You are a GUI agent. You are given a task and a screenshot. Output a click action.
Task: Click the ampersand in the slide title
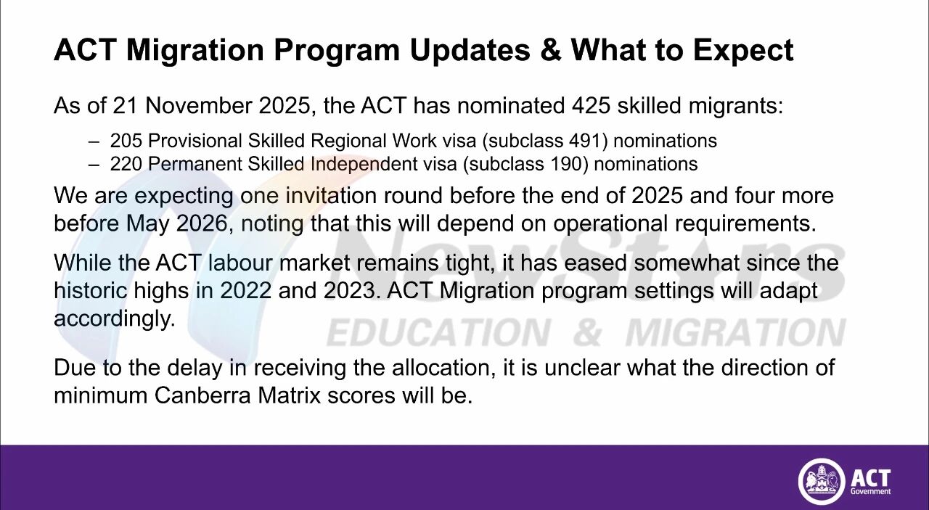point(551,50)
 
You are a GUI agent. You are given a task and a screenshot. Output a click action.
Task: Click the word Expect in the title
point(743,52)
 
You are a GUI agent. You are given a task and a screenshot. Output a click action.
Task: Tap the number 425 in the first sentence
point(591,105)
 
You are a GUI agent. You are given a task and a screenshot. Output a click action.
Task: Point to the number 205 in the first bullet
point(126,141)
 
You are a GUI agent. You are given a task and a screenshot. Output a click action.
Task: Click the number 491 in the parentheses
point(585,141)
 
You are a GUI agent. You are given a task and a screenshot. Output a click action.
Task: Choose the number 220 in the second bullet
point(126,164)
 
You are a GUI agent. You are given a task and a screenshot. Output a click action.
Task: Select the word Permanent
point(195,164)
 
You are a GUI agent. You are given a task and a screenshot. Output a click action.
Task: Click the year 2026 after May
point(202,223)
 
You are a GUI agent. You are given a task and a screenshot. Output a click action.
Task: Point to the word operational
point(610,225)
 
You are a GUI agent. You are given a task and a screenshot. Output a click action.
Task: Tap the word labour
point(240,263)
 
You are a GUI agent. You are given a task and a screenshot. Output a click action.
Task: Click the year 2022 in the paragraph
point(245,291)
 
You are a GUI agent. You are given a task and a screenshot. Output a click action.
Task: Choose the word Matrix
point(289,395)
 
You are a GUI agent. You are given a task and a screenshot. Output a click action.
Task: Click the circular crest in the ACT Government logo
point(821,482)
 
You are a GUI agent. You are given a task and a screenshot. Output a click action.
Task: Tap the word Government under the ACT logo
point(870,491)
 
